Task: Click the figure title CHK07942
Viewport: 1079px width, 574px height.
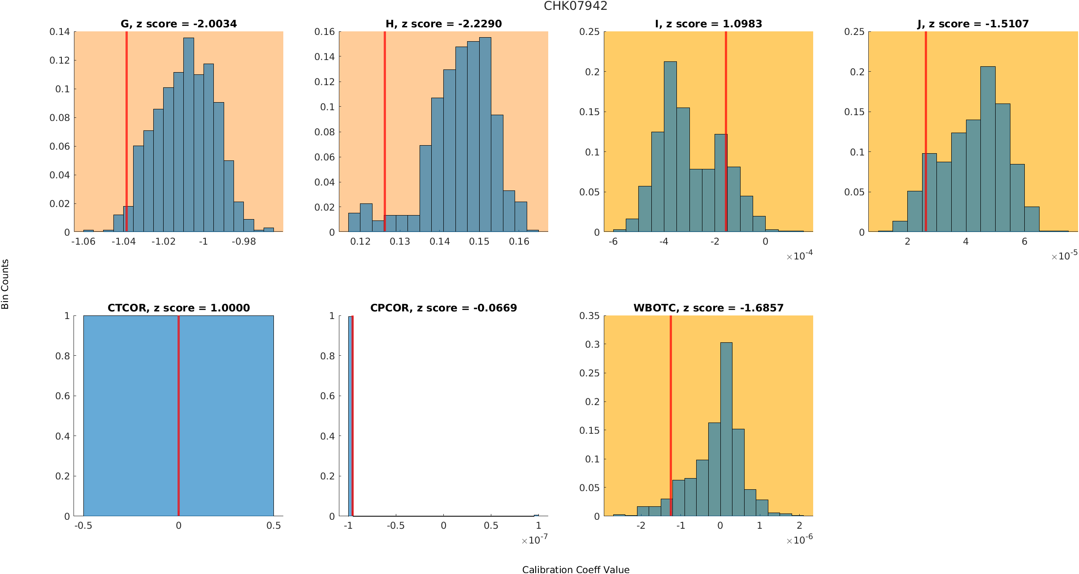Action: [576, 6]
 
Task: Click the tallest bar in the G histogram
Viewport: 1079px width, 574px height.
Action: [189, 134]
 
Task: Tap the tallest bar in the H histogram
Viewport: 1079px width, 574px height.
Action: [485, 134]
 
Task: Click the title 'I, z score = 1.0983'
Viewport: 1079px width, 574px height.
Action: [708, 24]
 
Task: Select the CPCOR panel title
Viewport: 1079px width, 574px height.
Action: [443, 308]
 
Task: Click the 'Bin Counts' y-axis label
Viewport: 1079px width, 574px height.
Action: [5, 284]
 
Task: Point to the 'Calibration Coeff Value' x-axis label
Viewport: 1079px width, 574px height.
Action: [576, 570]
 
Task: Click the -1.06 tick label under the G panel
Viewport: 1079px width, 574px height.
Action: [83, 242]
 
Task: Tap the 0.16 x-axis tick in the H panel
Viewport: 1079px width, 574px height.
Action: [519, 242]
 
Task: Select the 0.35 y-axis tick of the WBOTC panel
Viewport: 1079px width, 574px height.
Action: [589, 316]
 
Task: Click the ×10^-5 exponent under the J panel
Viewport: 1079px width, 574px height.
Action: [1064, 256]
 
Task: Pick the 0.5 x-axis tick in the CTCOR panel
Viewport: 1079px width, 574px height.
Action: [273, 526]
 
